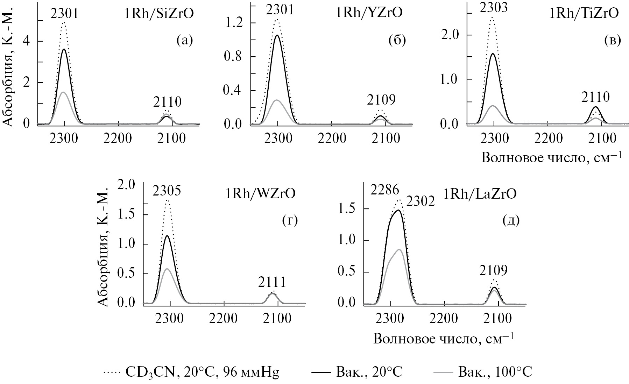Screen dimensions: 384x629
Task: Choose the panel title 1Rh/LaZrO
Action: [480, 193]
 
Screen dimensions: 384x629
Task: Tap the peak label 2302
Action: [420, 202]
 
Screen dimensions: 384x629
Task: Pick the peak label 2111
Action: [272, 282]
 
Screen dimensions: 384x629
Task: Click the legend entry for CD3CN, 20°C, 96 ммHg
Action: [192, 372]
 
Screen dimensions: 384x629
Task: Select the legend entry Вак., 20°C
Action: [357, 372]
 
